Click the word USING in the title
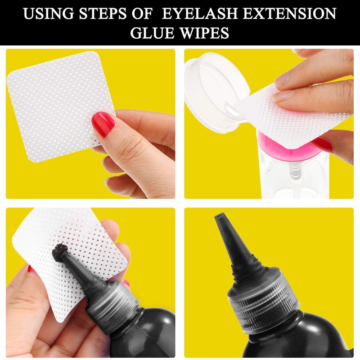49,13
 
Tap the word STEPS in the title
103,13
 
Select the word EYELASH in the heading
199,13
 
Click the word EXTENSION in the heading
289,13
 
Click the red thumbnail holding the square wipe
103,124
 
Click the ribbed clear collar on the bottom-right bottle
264,298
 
